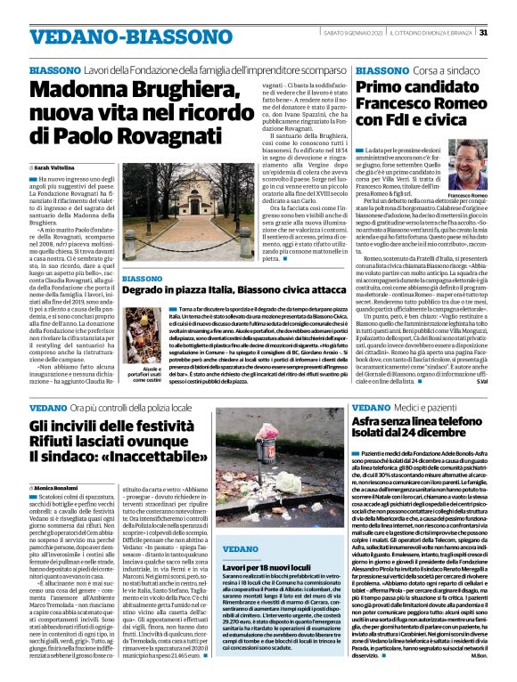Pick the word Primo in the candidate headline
pos(382,87)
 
